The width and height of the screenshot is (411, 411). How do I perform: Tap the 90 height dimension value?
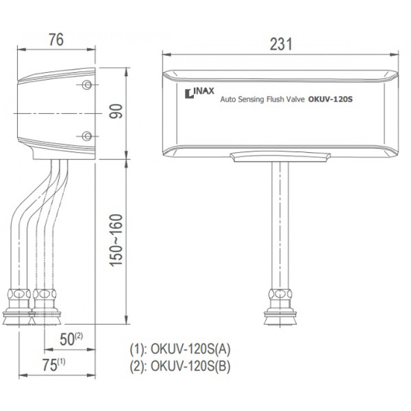point(116,113)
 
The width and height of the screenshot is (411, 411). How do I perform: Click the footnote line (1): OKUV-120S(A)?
point(180,350)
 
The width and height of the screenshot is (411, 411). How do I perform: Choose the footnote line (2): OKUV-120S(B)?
point(180,366)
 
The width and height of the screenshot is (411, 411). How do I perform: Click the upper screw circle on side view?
point(87,84)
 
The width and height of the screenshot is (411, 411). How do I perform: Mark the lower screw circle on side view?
point(87,136)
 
